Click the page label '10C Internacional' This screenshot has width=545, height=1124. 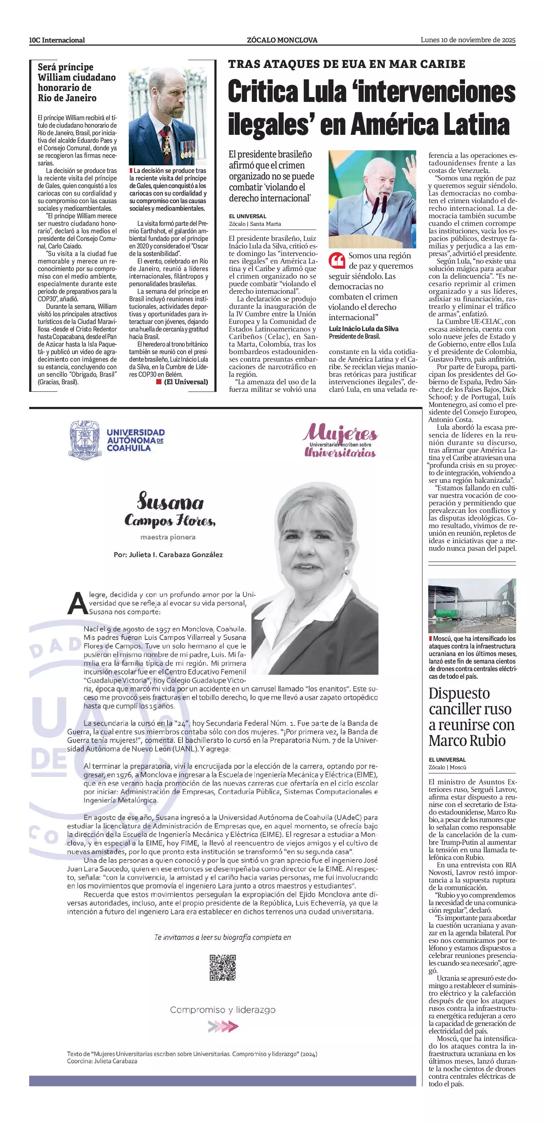coord(57,40)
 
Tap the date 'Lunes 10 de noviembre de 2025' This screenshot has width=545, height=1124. coord(468,40)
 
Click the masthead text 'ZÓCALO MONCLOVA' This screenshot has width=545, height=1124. coord(282,40)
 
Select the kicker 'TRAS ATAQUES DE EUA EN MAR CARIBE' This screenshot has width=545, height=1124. coord(346,64)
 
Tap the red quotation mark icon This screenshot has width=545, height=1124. coord(337,260)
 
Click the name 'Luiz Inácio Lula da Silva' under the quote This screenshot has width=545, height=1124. coord(363,329)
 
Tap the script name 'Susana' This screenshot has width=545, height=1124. coord(170,502)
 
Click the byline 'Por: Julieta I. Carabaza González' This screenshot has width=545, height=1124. coord(168,554)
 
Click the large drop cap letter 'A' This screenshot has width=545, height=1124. coord(77,604)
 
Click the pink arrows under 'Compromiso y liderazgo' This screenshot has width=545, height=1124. coord(223,1026)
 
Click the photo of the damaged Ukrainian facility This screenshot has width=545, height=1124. coord(472,605)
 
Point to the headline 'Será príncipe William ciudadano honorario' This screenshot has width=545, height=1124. coord(77,82)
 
